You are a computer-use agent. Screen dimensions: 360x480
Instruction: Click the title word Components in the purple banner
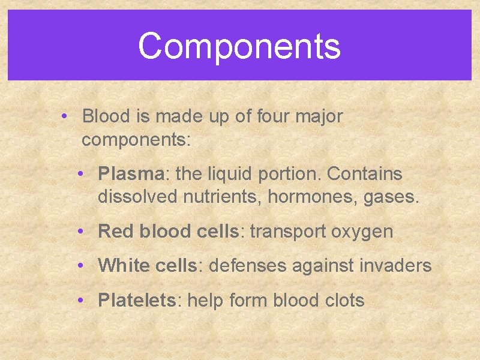tap(239, 46)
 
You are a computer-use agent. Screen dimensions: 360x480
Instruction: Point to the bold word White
tap(123, 266)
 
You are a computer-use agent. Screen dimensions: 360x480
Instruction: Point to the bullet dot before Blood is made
tap(65, 116)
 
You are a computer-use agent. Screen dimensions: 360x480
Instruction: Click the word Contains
tap(365, 175)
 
